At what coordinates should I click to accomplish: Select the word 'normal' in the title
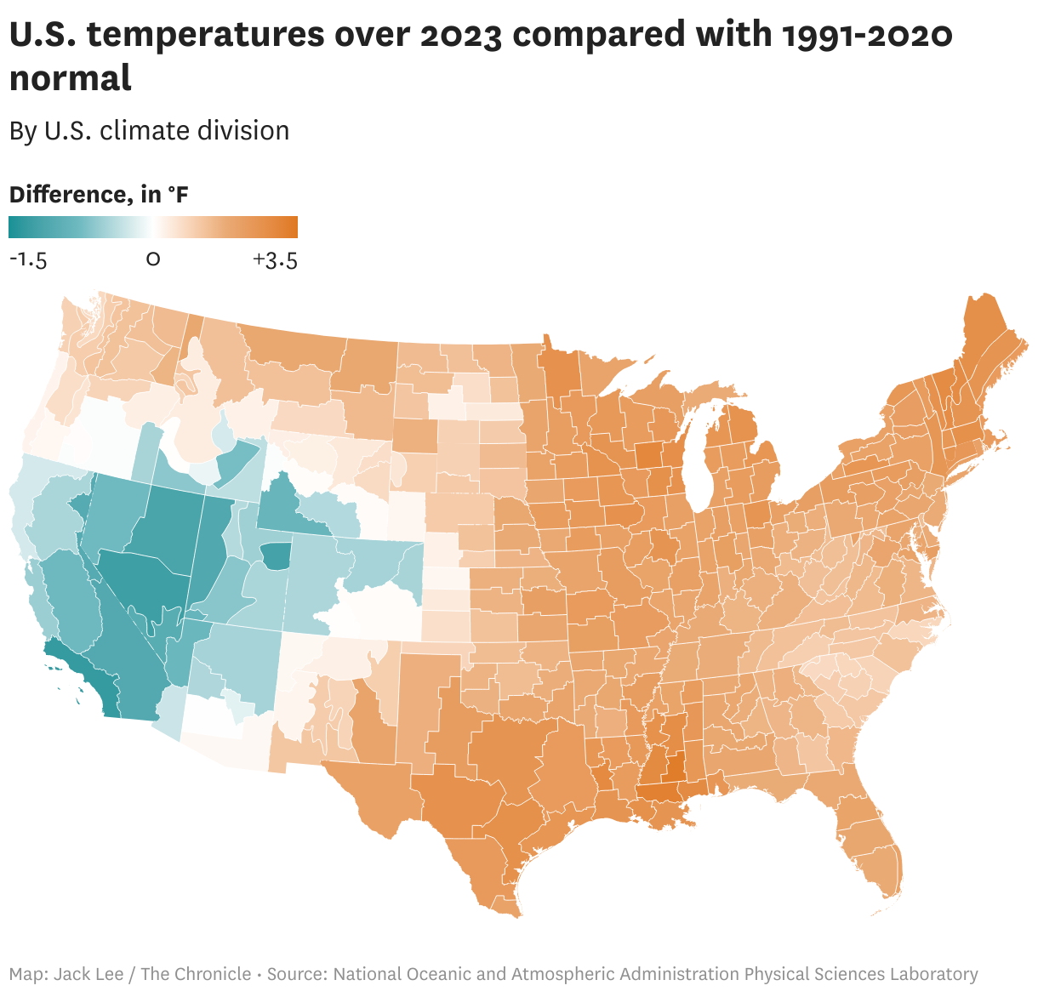point(71,78)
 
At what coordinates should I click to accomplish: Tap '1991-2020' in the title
point(866,35)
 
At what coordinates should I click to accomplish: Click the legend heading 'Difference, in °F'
point(99,195)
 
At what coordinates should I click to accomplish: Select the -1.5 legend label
point(28,259)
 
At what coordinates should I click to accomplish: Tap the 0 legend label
point(153,259)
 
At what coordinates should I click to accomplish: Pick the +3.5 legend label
point(275,259)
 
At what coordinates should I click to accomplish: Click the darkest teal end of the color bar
point(14,227)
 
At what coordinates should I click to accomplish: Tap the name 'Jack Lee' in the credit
point(88,974)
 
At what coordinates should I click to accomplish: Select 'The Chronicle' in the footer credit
point(196,974)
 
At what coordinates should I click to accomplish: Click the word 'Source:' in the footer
point(298,974)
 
